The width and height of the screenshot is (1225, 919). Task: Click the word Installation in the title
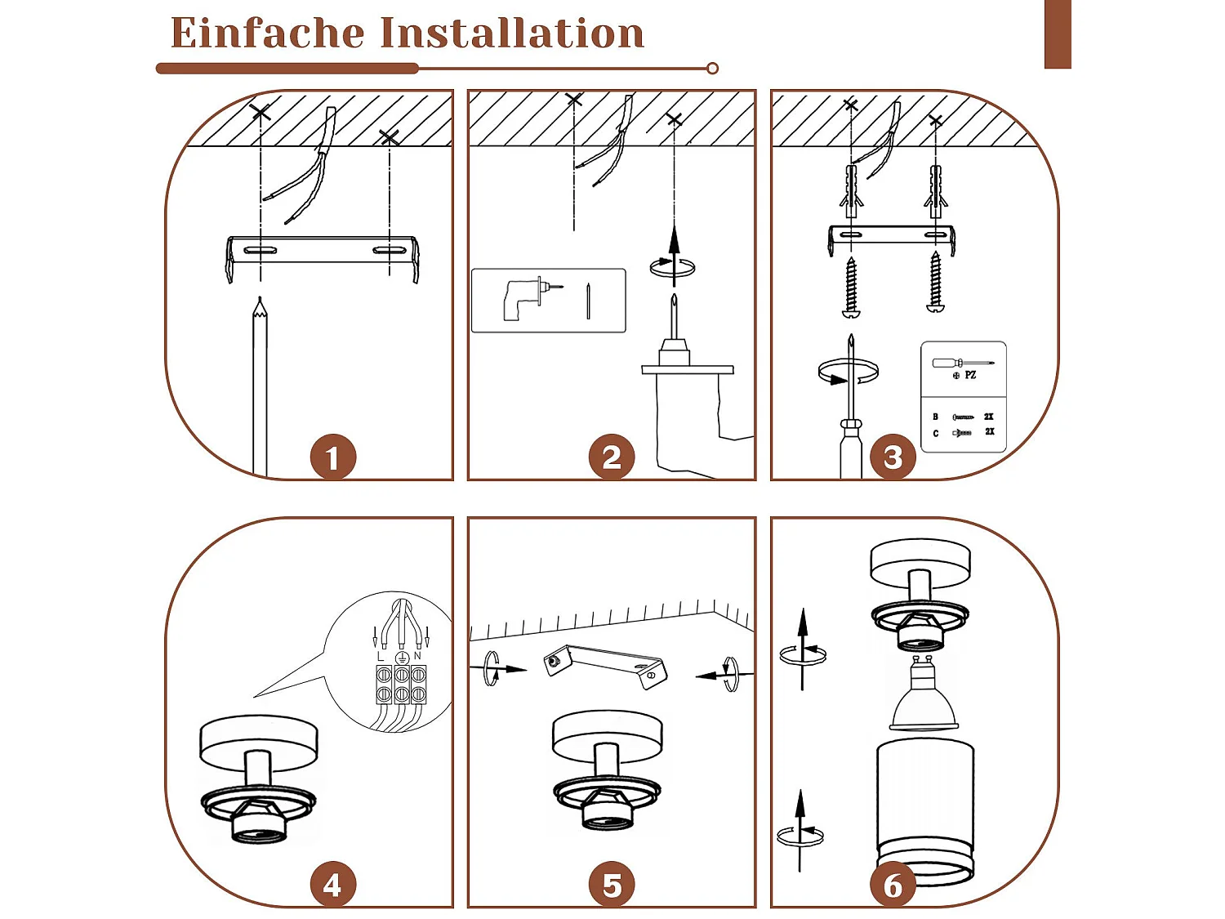point(512,34)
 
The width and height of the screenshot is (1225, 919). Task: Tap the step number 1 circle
point(332,457)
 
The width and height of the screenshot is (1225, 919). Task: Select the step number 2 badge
point(612,457)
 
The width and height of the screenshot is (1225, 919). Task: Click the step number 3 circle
point(893,457)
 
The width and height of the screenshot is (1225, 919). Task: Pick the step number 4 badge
point(332,885)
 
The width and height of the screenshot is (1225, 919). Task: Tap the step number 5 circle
point(612,885)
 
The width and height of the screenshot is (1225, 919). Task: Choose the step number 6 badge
point(893,885)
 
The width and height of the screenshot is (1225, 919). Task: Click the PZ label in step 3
point(970,375)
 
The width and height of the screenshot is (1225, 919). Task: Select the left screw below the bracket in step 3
point(851,286)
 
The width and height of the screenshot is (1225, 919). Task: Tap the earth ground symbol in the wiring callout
point(401,658)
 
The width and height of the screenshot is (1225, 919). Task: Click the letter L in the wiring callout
point(381,657)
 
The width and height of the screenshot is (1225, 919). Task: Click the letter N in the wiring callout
point(418,656)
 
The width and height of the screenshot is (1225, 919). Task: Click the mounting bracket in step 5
point(605,662)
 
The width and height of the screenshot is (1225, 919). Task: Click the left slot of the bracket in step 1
point(260,250)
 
